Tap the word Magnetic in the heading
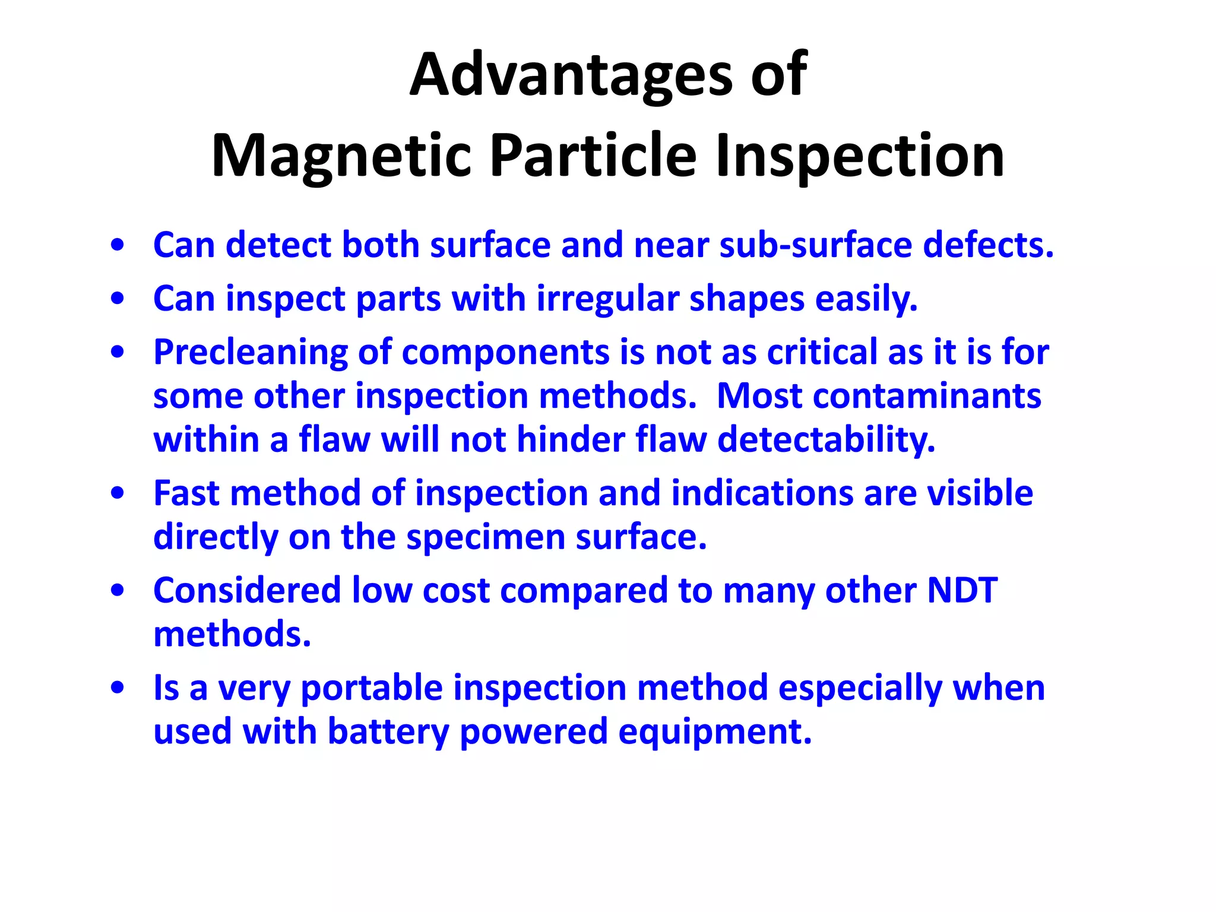coord(341,156)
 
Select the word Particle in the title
coord(593,156)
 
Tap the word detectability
coord(826,440)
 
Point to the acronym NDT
coord(962,591)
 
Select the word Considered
coord(247,591)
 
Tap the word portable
coord(372,688)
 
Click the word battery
coord(388,731)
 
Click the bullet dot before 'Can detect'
coord(118,245)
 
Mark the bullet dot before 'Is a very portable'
coord(118,688)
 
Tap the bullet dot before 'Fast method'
coord(118,493)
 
